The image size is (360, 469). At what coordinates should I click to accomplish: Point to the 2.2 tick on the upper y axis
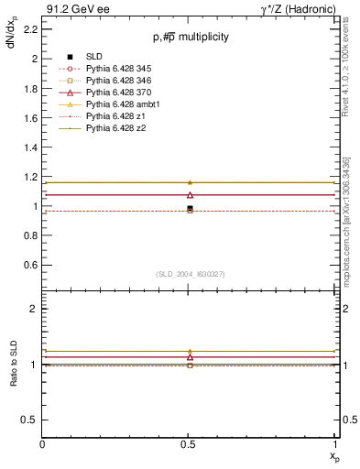pyautogui.click(x=43, y=28)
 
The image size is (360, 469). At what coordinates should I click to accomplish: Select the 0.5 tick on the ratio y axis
pyautogui.click(x=43, y=420)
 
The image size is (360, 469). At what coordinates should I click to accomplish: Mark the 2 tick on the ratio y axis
pyautogui.click(x=43, y=309)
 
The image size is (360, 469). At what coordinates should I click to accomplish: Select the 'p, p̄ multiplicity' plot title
pyautogui.click(x=191, y=38)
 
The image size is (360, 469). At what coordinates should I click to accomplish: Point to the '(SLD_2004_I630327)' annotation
pyautogui.click(x=191, y=274)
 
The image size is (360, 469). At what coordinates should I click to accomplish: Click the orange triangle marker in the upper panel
pyautogui.click(x=190, y=182)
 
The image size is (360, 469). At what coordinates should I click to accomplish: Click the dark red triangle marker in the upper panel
pyautogui.click(x=190, y=194)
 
